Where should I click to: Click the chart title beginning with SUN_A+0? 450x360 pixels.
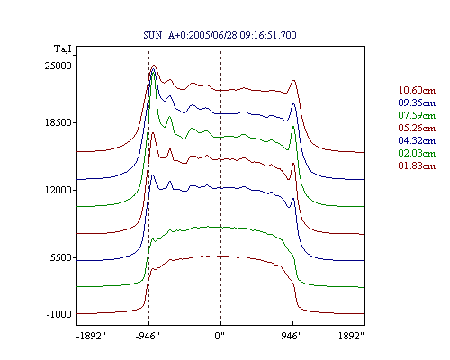220,35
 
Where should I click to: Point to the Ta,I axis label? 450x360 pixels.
63,49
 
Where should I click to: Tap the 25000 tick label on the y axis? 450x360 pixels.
58,66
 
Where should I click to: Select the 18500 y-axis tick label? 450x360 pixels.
58,122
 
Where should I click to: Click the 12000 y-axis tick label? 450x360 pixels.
58,190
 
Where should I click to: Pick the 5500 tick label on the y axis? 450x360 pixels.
61,257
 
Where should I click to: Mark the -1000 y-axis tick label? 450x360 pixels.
58,314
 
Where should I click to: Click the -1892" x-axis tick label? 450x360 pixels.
91,336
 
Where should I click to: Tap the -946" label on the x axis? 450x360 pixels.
148,336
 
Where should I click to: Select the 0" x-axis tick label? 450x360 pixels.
220,336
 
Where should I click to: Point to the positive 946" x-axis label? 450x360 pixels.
292,336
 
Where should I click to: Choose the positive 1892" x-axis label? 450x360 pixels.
351,336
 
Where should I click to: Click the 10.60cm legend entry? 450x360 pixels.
417,90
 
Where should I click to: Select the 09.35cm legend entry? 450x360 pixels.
417,103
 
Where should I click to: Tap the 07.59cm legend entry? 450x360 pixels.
417,115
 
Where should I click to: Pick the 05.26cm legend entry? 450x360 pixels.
417,128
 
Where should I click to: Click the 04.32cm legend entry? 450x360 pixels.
417,140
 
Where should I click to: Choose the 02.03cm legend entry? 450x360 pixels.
417,153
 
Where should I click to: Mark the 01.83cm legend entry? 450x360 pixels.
417,166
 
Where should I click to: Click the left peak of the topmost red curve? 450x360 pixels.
154,66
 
